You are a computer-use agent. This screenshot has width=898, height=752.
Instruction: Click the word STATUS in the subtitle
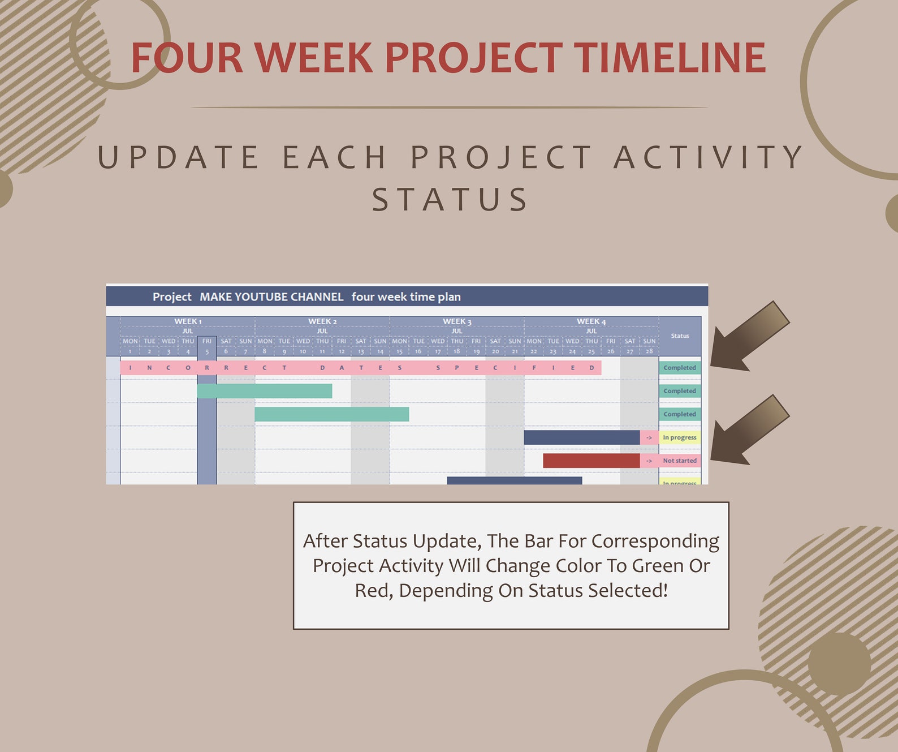click(x=450, y=200)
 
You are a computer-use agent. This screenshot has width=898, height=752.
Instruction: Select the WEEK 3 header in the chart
click(x=456, y=321)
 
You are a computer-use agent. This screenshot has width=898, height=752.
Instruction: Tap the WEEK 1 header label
click(x=187, y=321)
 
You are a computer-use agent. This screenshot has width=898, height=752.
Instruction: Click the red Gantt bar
click(x=591, y=461)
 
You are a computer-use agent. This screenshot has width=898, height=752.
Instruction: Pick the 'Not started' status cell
click(x=680, y=461)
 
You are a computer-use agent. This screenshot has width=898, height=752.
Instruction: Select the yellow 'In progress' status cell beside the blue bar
click(x=680, y=437)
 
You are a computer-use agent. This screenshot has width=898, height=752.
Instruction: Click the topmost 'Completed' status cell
click(x=680, y=368)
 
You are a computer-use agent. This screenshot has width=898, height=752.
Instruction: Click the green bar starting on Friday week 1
click(x=264, y=391)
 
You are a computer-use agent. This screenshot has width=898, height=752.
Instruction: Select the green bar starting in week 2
click(x=331, y=414)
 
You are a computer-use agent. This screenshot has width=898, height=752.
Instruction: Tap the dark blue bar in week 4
click(x=581, y=437)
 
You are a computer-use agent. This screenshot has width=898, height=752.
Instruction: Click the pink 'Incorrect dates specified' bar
click(x=360, y=368)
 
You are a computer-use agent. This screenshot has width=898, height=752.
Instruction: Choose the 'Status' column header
click(x=680, y=336)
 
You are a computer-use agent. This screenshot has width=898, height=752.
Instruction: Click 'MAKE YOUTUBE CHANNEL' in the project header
click(x=271, y=297)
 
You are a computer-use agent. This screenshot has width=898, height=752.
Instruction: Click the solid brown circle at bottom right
click(x=839, y=664)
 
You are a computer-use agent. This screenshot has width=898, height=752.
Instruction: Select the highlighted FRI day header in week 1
click(x=207, y=341)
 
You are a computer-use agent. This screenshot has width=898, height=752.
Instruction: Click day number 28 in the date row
click(x=649, y=351)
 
